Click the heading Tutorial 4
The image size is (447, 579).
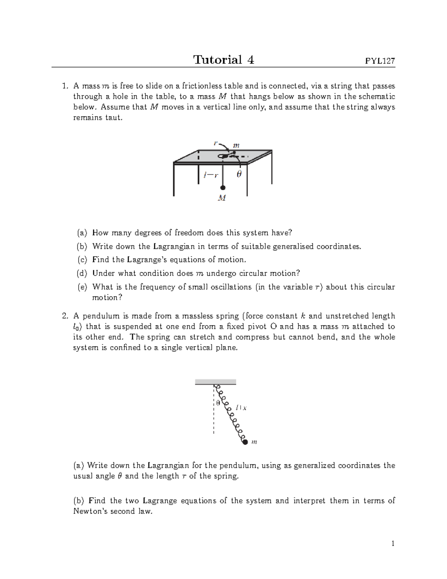(223, 60)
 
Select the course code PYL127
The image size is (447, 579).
(380, 61)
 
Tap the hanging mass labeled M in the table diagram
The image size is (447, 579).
(222, 198)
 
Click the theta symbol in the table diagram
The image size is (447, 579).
(239, 174)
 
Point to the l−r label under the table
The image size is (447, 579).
(211, 174)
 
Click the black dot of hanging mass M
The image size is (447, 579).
(222, 188)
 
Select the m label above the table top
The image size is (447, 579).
(236, 146)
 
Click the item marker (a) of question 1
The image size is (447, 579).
(82, 233)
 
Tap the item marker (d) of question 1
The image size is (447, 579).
(82, 273)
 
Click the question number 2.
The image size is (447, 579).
(65, 316)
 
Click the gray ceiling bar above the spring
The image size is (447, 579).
(215, 382)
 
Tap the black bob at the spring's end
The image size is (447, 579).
(245, 442)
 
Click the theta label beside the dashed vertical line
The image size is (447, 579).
(218, 403)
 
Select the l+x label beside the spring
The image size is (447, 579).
(241, 408)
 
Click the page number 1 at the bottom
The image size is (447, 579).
(393, 544)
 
